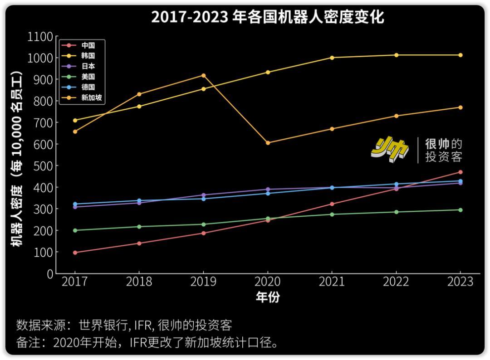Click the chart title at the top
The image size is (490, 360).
(267, 17)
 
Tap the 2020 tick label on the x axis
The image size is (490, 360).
(267, 282)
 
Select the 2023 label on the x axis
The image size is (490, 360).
(460, 282)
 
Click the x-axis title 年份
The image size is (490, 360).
(268, 297)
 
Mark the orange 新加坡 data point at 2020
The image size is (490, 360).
(268, 143)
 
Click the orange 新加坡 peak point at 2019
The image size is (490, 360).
(203, 75)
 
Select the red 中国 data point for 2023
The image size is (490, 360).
(460, 172)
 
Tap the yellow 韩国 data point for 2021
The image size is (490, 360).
(332, 58)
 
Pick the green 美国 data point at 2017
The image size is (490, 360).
(75, 230)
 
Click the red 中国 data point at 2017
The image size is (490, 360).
(75, 253)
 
